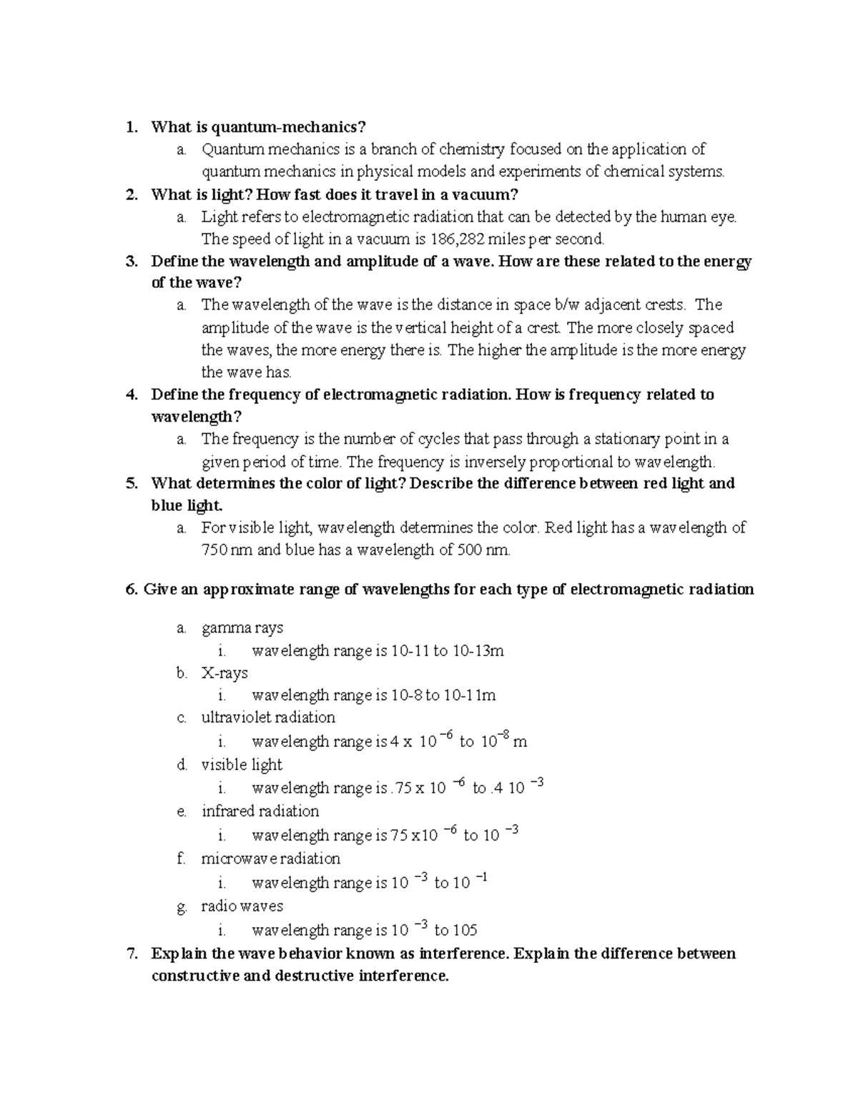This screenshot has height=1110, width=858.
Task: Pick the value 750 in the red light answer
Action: point(214,550)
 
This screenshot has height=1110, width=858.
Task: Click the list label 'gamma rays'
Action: point(242,628)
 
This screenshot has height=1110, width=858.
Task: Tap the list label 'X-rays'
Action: point(225,673)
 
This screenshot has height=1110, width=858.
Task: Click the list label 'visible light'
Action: point(242,765)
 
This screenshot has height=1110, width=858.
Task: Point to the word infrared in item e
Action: point(228,811)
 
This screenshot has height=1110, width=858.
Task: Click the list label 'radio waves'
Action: point(242,906)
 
